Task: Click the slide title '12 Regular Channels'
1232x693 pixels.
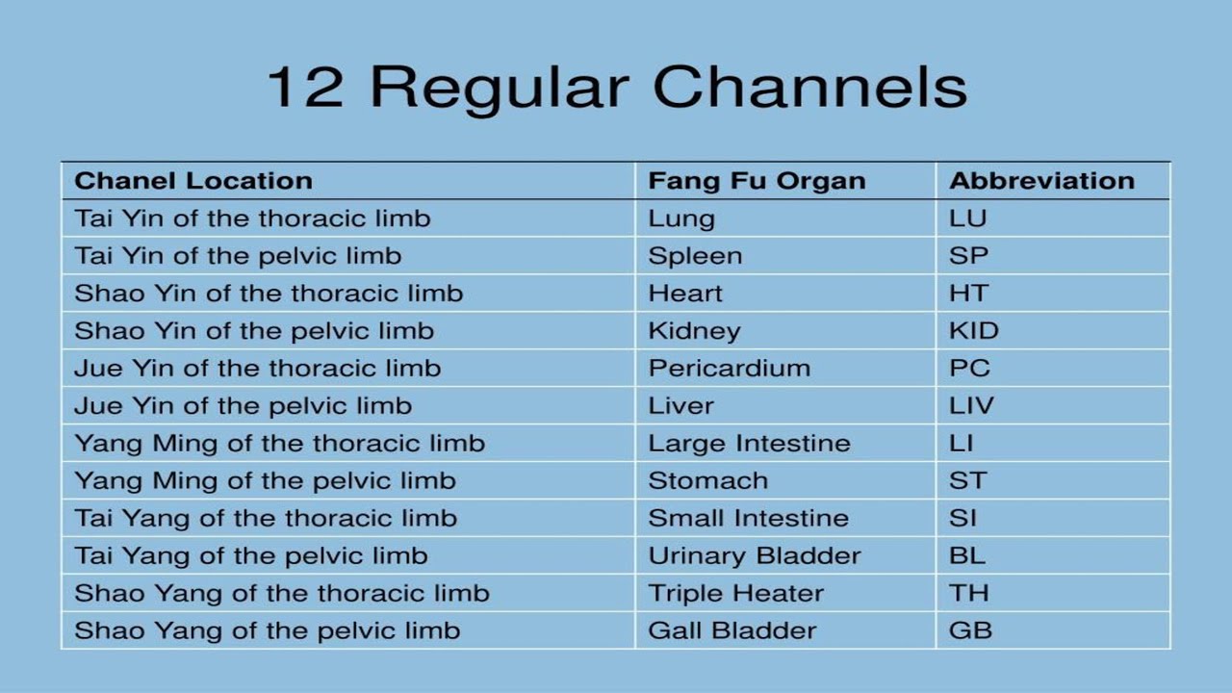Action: (x=616, y=86)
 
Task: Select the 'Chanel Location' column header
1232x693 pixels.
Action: (x=193, y=181)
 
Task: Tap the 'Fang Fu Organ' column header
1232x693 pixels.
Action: (x=757, y=181)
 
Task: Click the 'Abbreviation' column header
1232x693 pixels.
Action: (x=1041, y=181)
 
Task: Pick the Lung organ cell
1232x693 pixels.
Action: (x=681, y=218)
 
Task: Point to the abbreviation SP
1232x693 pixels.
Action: (x=968, y=256)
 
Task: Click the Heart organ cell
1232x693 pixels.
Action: (x=685, y=294)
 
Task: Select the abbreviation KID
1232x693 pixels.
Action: (x=974, y=331)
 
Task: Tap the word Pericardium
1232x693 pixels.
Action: (x=730, y=369)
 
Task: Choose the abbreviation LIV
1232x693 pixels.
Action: (x=971, y=406)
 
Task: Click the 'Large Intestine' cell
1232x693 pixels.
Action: (x=750, y=444)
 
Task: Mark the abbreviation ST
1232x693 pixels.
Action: (x=968, y=481)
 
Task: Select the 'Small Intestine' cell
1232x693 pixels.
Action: (x=749, y=519)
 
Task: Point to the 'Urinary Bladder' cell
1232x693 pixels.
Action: (x=755, y=556)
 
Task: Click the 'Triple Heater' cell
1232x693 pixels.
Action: (x=736, y=594)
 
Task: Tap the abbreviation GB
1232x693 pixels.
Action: (x=970, y=631)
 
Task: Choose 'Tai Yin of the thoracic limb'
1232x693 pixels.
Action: (x=252, y=218)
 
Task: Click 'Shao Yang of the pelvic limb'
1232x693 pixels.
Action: (x=268, y=631)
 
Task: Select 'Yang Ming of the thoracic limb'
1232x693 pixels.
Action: (x=279, y=444)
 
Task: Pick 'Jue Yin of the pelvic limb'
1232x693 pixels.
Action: (x=243, y=406)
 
